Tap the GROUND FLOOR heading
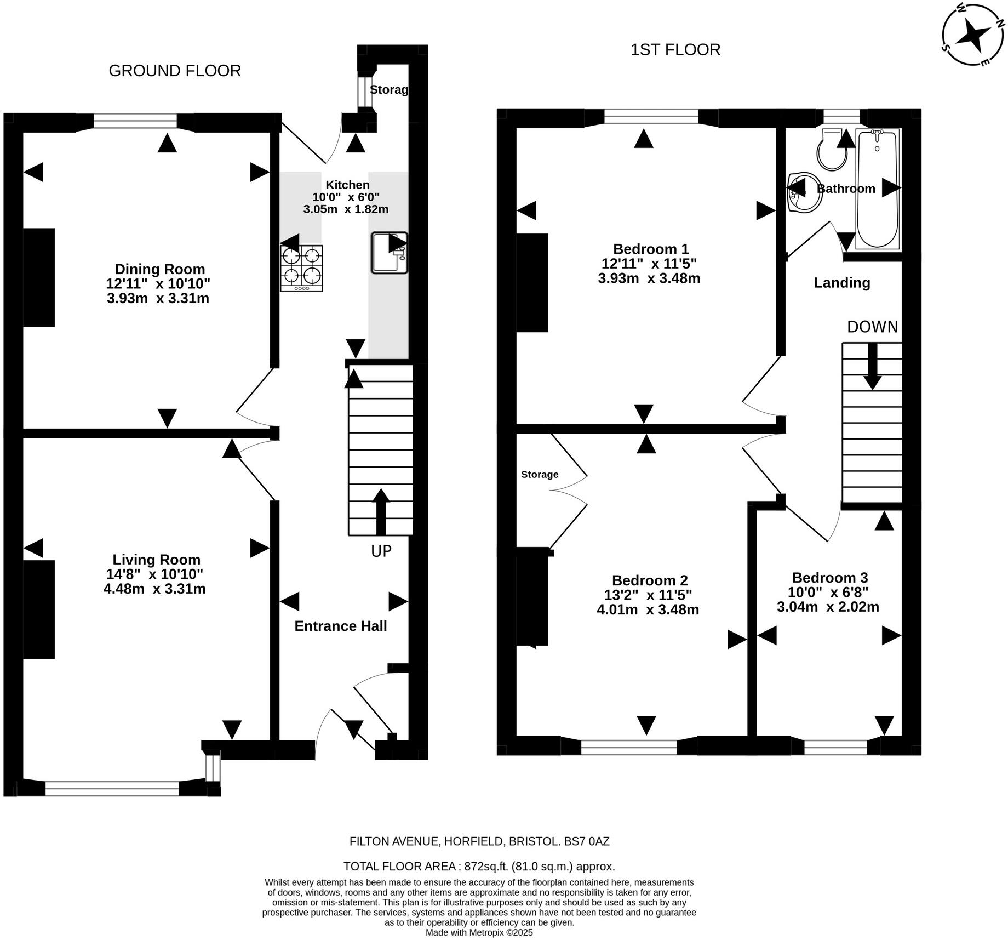(x=175, y=71)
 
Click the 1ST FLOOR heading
(x=675, y=50)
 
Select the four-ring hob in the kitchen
(x=301, y=267)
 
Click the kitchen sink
(x=389, y=253)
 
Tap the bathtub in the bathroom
(x=877, y=189)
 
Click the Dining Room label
(x=159, y=269)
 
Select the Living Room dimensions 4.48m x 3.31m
(x=154, y=589)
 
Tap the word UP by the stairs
(x=381, y=551)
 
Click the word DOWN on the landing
(x=872, y=327)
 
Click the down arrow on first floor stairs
(x=872, y=366)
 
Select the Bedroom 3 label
(x=829, y=577)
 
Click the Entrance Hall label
(x=340, y=626)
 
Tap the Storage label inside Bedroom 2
(x=540, y=474)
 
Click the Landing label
(x=841, y=282)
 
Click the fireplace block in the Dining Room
(x=39, y=277)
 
